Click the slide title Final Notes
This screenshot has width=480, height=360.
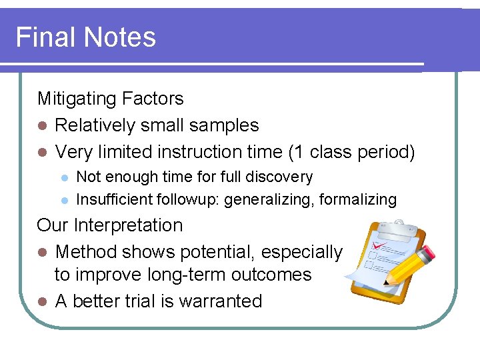point(85,37)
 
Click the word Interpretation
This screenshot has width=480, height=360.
point(128,225)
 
